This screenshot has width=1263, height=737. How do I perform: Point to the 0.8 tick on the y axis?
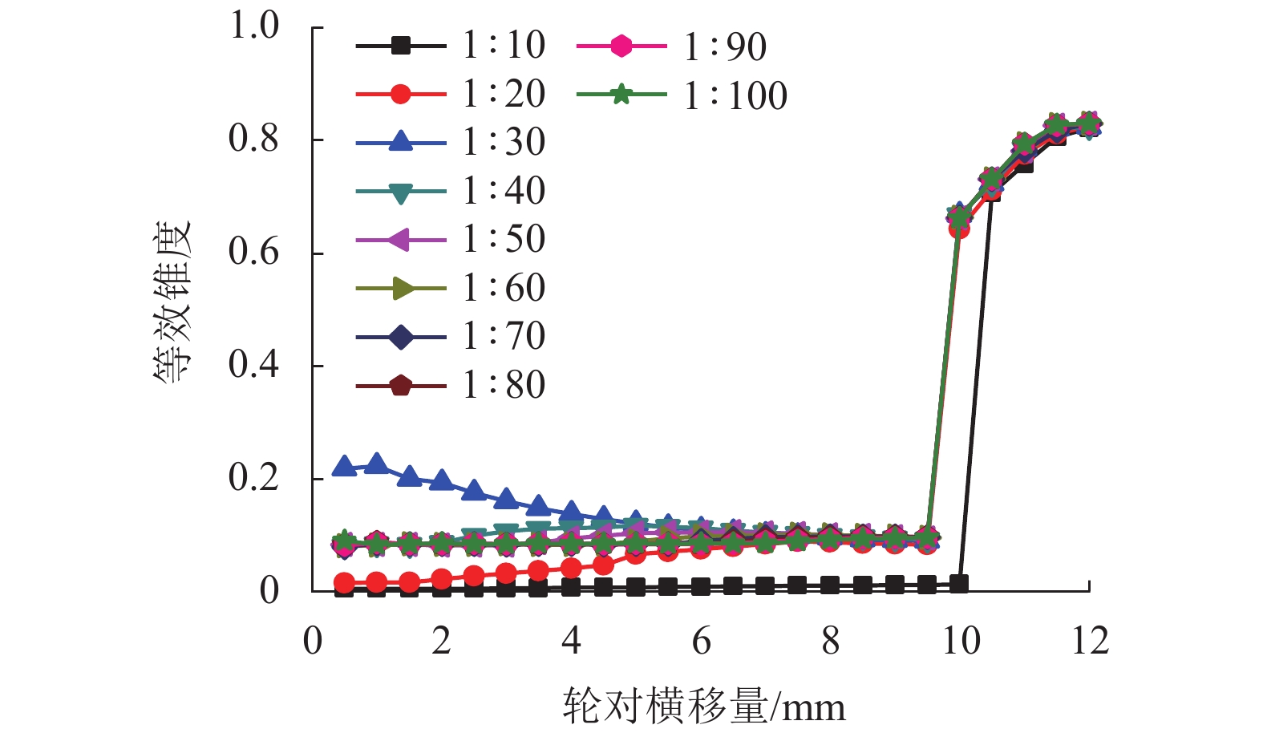[253, 139]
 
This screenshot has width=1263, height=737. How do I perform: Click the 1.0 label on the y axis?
[253, 26]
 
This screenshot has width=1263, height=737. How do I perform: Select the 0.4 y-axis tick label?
[253, 365]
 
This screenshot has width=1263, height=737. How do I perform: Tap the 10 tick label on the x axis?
[960, 641]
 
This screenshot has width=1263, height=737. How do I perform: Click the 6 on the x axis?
[701, 641]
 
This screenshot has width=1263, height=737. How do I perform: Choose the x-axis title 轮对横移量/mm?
[703, 707]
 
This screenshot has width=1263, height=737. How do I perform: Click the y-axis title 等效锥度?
[173, 301]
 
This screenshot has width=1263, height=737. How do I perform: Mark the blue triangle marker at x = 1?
[377, 464]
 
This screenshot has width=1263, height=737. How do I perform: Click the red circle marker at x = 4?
[571, 568]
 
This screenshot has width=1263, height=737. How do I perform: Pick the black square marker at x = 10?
[959, 583]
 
